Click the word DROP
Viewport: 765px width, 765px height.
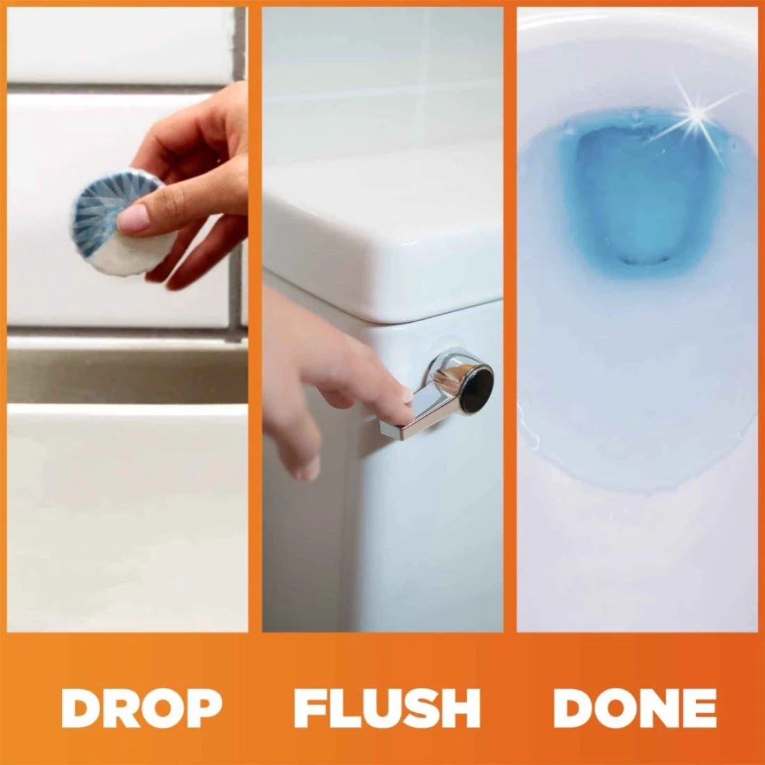click(x=141, y=708)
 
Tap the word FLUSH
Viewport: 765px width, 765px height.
click(x=387, y=708)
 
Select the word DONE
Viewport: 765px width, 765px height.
click(x=635, y=708)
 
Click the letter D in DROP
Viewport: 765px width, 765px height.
click(x=80, y=708)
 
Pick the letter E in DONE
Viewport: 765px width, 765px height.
click(x=700, y=708)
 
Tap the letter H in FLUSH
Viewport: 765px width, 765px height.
click(x=460, y=708)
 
